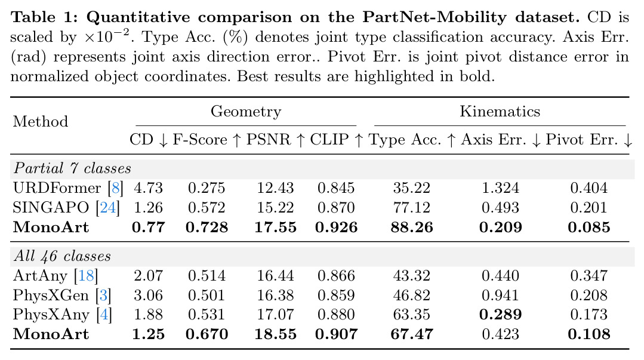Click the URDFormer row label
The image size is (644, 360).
[x=57, y=188]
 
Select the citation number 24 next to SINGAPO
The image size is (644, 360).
[x=108, y=208]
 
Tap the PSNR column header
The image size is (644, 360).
[x=268, y=140]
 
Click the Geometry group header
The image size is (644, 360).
[x=246, y=112]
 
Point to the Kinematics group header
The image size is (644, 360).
[x=500, y=112]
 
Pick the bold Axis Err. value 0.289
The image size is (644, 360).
[x=501, y=315]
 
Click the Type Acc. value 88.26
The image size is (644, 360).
[x=412, y=227]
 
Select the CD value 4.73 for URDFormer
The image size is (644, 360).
[x=148, y=188]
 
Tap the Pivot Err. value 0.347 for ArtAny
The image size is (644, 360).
[x=589, y=275]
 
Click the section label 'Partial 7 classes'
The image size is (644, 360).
[x=72, y=168]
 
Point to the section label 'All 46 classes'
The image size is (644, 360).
[x=62, y=256]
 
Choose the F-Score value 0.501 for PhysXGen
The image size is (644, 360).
[x=207, y=295]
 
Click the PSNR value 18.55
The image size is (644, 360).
[x=275, y=334]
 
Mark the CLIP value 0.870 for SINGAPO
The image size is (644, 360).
[x=336, y=208]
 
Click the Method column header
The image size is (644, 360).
[x=41, y=122]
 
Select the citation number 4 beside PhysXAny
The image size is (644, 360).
[x=104, y=315]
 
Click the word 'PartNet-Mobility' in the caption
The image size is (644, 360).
[x=435, y=17]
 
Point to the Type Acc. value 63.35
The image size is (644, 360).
[x=412, y=315]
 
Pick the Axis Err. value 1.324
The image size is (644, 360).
[x=500, y=188]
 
